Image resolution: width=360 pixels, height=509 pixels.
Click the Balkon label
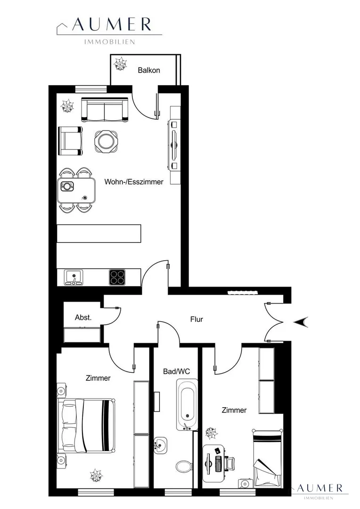(x=149, y=70)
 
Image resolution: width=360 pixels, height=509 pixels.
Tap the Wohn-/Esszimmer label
(x=134, y=182)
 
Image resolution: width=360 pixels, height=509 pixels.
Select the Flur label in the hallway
(x=196, y=320)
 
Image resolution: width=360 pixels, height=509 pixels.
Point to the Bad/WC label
(x=176, y=371)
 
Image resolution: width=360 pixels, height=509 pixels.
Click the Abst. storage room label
(x=83, y=318)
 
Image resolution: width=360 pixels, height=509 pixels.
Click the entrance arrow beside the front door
(x=301, y=322)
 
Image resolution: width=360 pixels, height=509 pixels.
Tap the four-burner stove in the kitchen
(x=117, y=278)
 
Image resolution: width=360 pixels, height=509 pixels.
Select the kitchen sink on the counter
(x=74, y=278)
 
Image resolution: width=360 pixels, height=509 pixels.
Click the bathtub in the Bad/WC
(x=187, y=404)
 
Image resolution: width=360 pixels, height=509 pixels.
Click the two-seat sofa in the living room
(x=104, y=109)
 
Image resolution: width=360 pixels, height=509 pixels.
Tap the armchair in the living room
(x=70, y=141)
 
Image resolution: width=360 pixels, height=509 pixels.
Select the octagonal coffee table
(x=106, y=141)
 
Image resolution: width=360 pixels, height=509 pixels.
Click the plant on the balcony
(x=120, y=64)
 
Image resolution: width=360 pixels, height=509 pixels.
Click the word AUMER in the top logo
(x=112, y=25)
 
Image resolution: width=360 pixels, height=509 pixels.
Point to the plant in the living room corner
(x=68, y=106)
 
